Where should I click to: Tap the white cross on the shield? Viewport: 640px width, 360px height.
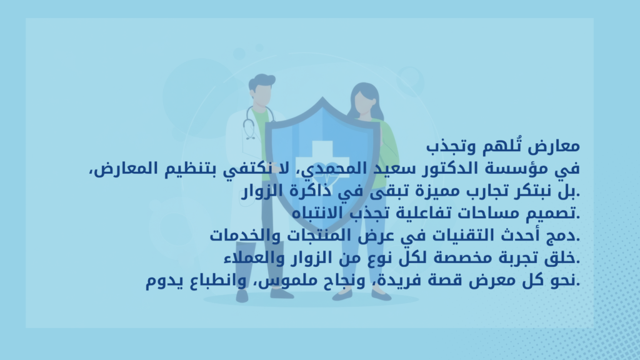(x=322, y=160)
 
